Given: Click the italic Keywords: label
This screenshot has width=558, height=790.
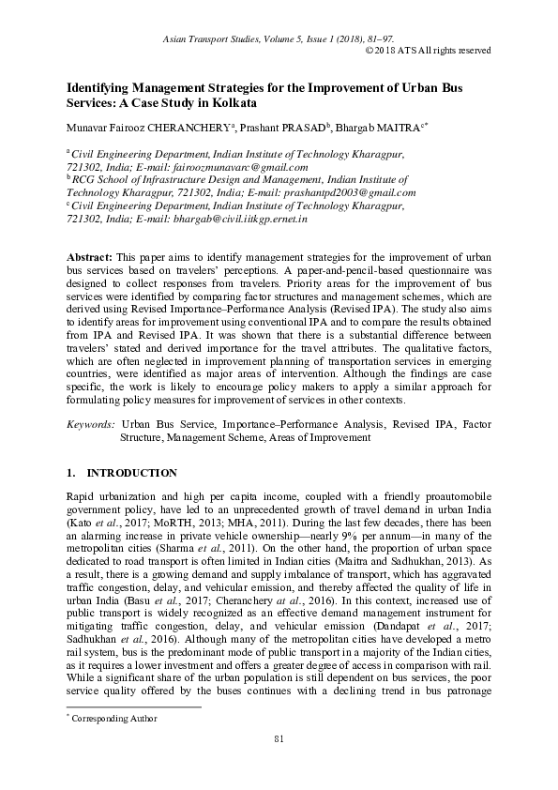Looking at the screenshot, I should pyautogui.click(x=90, y=425).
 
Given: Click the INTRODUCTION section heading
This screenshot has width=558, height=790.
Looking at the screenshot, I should pyautogui.click(x=131, y=472).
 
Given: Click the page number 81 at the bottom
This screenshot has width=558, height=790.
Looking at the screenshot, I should pyautogui.click(x=279, y=740).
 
